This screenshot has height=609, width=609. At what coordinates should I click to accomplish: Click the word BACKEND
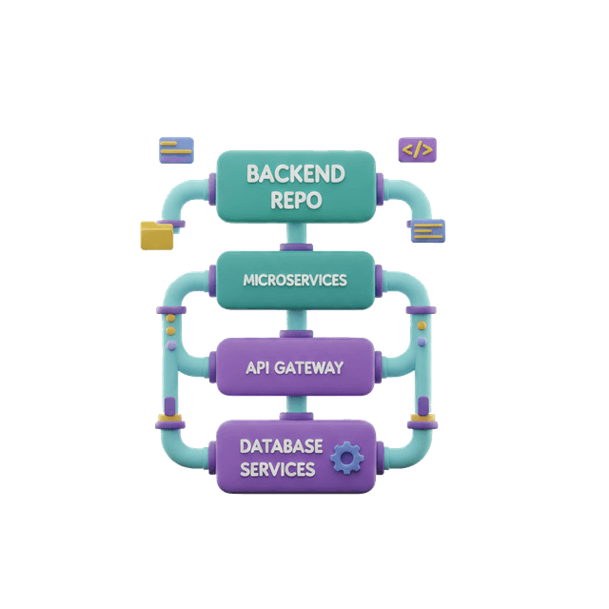[295, 174]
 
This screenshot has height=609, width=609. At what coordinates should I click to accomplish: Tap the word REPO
[295, 200]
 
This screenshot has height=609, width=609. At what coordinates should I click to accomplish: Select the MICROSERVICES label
[295, 280]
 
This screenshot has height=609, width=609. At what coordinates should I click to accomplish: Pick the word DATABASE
[281, 445]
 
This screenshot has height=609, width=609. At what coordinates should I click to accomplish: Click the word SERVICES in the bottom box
[277, 469]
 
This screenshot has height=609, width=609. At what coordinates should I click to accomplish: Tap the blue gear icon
[346, 460]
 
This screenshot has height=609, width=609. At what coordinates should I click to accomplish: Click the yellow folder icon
[157, 235]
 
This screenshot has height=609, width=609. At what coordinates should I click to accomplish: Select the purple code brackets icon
[419, 149]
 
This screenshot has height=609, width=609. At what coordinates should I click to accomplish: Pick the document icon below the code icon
[425, 229]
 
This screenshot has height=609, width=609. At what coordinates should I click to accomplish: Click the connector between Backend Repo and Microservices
[295, 238]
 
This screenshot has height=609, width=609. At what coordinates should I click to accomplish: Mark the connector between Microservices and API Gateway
[295, 323]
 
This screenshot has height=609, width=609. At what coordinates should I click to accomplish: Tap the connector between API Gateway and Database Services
[295, 407]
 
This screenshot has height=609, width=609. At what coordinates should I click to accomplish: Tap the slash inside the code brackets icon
[419, 149]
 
